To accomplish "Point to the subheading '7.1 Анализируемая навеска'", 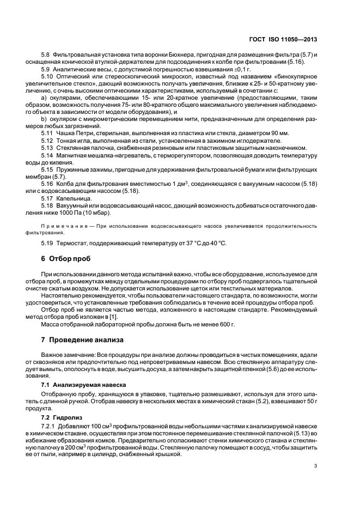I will pos(81,384).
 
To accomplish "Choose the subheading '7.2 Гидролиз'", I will pos(61,416).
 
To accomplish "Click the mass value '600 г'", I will pos(227,324).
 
